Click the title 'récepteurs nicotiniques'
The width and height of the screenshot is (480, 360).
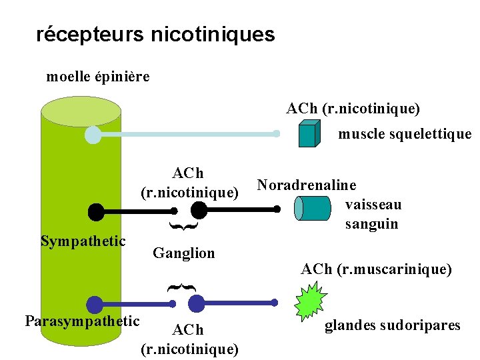click(155, 34)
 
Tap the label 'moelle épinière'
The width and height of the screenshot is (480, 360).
click(98, 77)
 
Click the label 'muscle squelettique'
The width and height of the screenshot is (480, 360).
click(405, 134)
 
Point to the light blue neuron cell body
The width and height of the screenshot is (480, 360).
click(93, 135)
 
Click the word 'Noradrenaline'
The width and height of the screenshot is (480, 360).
click(307, 185)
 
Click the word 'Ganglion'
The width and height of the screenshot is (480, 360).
click(184, 253)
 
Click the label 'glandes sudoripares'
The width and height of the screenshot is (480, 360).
click(393, 325)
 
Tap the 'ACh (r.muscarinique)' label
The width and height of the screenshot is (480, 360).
click(376, 269)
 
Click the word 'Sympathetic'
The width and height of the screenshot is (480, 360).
click(83, 241)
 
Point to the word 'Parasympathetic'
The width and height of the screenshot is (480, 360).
click(82, 321)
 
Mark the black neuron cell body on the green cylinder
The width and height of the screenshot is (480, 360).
click(97, 212)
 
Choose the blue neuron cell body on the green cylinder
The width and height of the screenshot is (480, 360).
click(95, 304)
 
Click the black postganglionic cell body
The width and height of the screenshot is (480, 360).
click(199, 211)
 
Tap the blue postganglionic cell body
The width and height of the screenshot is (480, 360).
click(196, 304)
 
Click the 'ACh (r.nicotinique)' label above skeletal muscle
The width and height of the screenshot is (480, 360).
click(353, 108)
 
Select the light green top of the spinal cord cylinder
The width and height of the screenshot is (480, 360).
click(81, 111)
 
